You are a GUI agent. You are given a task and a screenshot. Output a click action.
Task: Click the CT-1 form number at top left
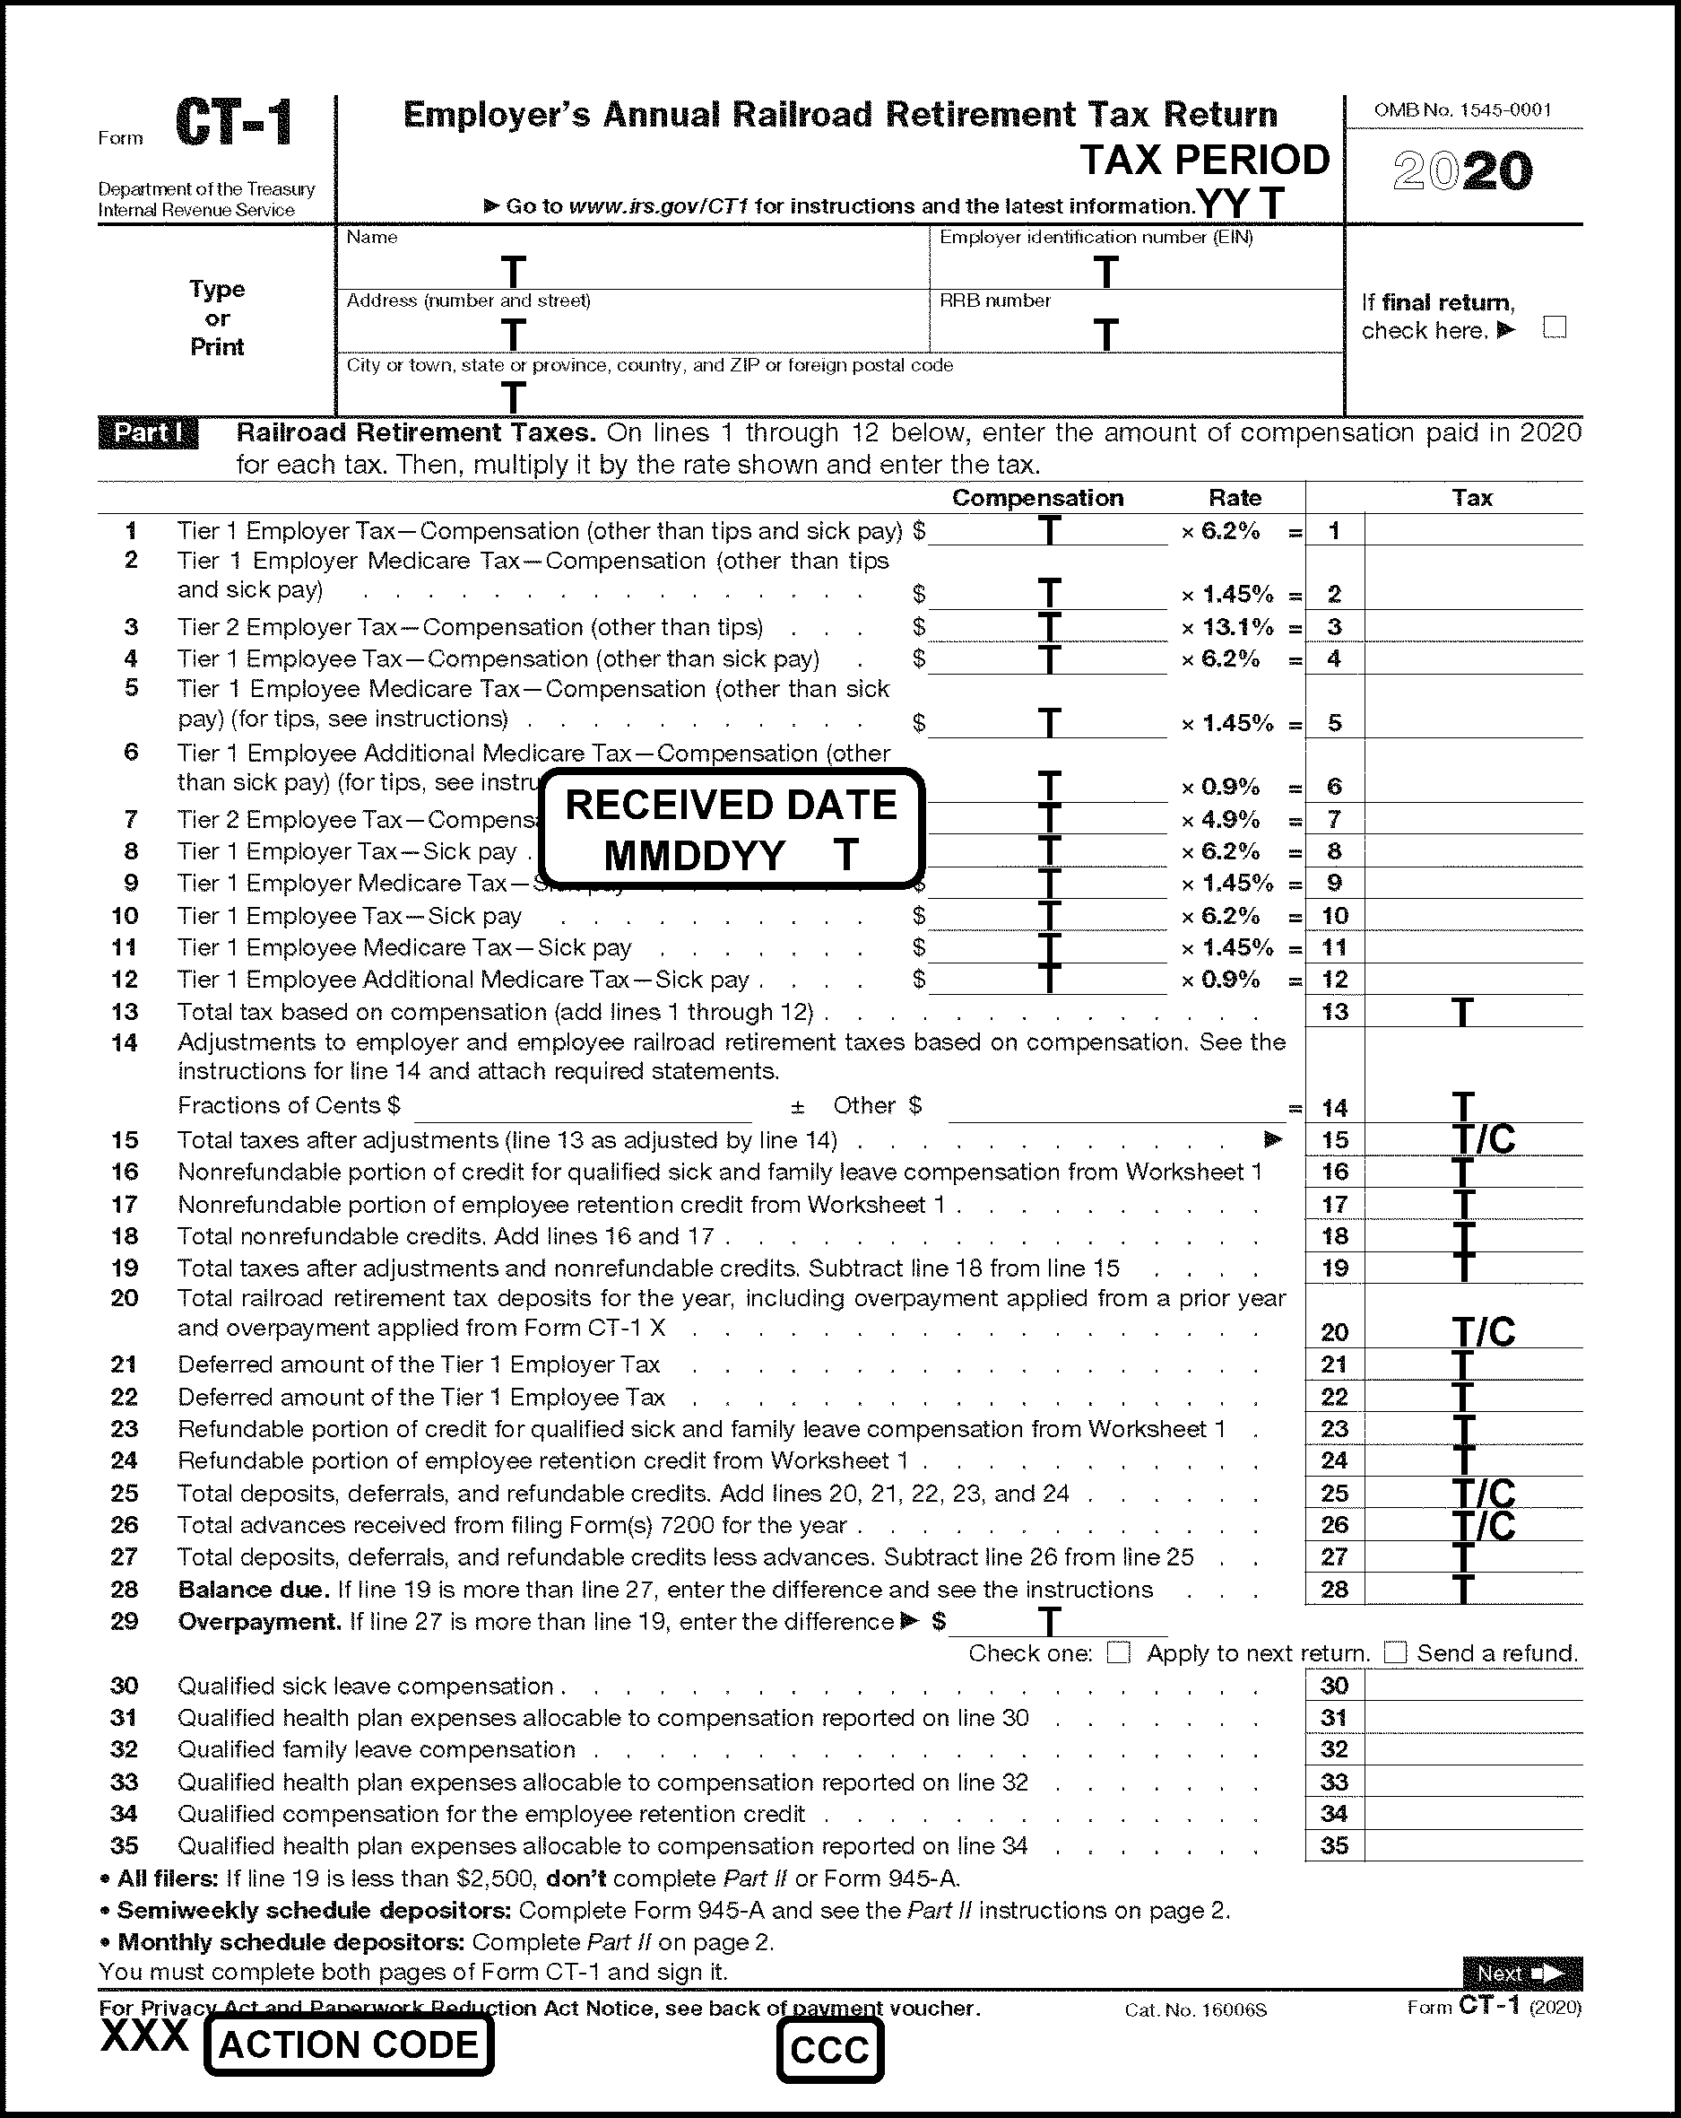coord(234,124)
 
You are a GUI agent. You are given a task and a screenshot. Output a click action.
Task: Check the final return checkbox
coord(1555,327)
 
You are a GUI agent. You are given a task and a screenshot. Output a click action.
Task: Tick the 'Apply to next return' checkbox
coord(1118,1653)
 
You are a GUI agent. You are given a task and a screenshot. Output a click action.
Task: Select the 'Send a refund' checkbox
coord(1395,1653)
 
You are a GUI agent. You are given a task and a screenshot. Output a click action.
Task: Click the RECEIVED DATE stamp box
coord(732,829)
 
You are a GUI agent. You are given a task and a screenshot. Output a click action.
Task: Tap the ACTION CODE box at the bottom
coord(349,2044)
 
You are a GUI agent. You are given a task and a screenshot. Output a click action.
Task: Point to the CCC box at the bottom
coord(829,2050)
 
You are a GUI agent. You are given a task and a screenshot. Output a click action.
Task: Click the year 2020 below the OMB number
coord(1463,172)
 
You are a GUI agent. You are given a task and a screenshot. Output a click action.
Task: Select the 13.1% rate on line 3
coord(1237,627)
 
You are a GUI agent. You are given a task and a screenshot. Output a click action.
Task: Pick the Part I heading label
coord(148,433)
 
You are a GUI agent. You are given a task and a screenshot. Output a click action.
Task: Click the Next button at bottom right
coord(1521,1973)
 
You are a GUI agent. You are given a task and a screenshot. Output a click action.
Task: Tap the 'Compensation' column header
coord(1037,498)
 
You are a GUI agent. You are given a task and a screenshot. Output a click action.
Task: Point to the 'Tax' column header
coord(1472,498)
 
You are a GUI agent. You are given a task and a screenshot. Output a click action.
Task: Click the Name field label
coord(372,238)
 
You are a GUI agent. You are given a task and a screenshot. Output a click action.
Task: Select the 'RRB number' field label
coord(994,301)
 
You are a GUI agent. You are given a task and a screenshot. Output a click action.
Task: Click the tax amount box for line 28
coord(1473,1590)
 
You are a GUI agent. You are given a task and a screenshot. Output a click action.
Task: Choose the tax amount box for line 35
coord(1473,1846)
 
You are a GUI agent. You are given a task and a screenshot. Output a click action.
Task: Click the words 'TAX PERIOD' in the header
coord(1205,160)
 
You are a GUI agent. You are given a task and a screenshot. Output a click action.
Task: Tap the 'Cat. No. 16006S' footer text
coord(1196,2010)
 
